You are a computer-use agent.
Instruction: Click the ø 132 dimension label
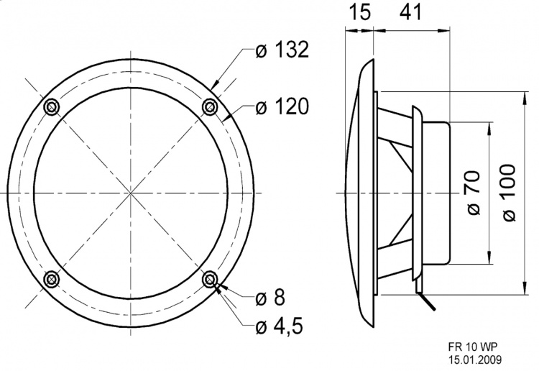point(282,50)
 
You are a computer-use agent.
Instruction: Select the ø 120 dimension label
point(282,108)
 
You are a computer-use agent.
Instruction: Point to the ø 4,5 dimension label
point(279,327)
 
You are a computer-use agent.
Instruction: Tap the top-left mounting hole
point(52,107)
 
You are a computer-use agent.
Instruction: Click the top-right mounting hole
point(210,107)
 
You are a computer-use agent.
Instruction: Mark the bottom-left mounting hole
point(52,279)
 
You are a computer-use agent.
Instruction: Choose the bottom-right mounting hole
point(210,279)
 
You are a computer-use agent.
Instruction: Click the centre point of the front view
point(131,193)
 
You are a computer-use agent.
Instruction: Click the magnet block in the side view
point(436,194)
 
